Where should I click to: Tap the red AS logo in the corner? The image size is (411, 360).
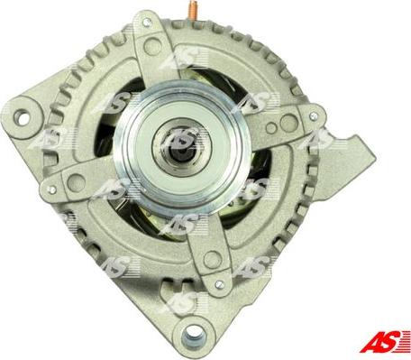(x=385, y=341)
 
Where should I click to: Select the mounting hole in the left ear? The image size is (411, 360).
(x=22, y=117)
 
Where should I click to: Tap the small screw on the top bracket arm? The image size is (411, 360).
(x=147, y=22)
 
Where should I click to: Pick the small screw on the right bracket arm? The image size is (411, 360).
(x=314, y=115)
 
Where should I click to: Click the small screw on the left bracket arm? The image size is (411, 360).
(x=51, y=189)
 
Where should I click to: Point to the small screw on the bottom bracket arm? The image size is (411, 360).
(x=219, y=284)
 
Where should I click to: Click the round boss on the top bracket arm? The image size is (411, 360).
(x=153, y=46)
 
